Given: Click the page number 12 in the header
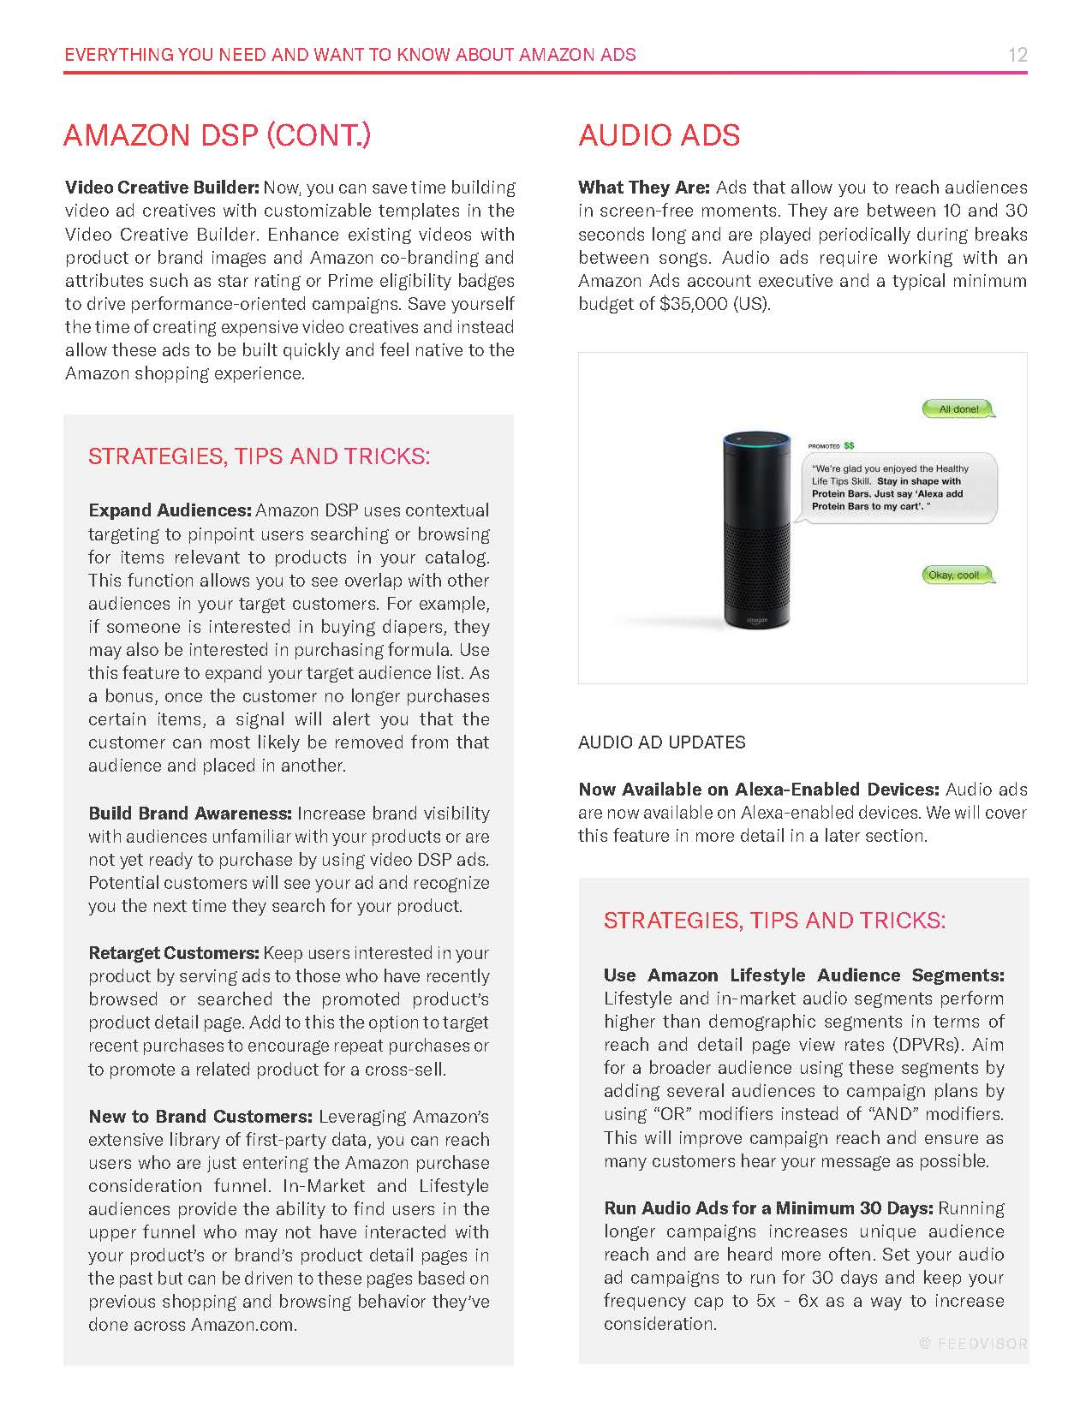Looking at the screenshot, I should pyautogui.click(x=1017, y=55).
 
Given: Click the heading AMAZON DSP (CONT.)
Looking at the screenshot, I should pyautogui.click(x=218, y=135).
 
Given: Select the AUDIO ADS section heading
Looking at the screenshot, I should pyautogui.click(x=659, y=135).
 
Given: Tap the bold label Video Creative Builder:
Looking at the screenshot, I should pyautogui.click(x=162, y=188).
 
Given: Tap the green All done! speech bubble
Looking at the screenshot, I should pyautogui.click(x=958, y=409).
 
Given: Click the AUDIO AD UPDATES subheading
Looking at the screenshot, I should pyautogui.click(x=661, y=742).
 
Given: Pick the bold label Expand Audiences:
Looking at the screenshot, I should pyautogui.click(x=170, y=510).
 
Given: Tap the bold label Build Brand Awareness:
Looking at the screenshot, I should pyautogui.click(x=190, y=814).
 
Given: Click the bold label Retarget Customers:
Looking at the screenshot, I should pyautogui.click(x=174, y=953).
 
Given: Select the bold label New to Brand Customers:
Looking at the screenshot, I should pyautogui.click(x=200, y=1117).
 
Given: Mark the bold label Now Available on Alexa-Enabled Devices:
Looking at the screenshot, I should pyautogui.click(x=758, y=790).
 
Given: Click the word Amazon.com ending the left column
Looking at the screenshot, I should pyautogui.click(x=242, y=1325).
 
